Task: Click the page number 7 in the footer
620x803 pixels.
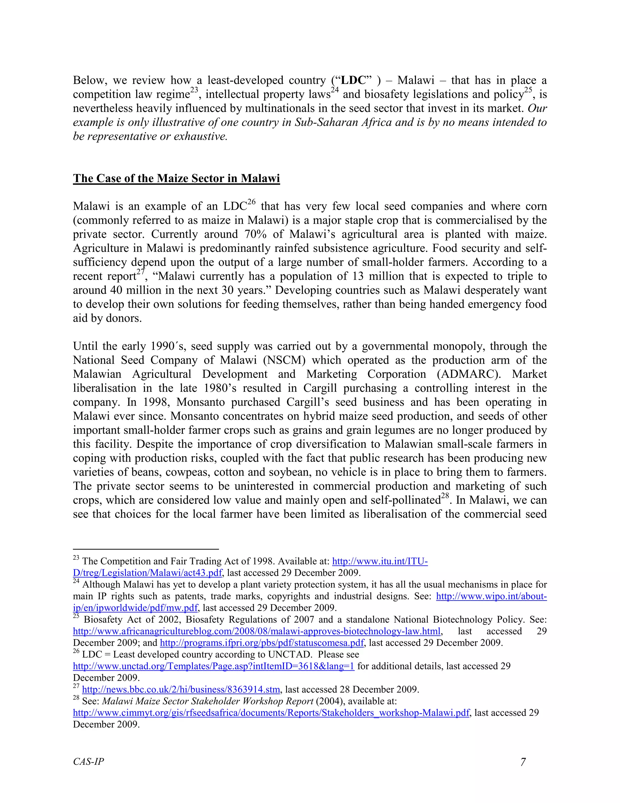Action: (523, 762)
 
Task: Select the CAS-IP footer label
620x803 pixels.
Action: (88, 761)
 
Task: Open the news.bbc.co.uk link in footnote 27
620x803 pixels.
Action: (181, 689)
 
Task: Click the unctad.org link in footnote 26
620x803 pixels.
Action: (213, 666)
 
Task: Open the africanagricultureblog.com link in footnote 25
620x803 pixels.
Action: (256, 631)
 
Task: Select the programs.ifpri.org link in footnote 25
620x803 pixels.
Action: (262, 643)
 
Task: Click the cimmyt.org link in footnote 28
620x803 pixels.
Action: (271, 713)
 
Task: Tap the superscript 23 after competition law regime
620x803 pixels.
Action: (194, 90)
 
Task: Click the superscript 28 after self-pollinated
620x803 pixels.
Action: (445, 496)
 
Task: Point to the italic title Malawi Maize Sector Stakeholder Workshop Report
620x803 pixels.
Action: (207, 701)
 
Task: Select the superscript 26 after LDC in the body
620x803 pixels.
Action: (251, 202)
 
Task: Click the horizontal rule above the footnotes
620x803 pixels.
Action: (146, 549)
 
